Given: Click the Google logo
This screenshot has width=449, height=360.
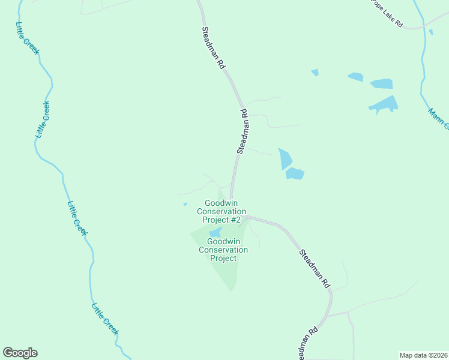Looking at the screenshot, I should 20,353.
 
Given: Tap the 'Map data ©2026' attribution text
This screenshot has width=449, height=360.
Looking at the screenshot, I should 423,355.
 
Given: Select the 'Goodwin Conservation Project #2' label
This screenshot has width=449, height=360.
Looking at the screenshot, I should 221,212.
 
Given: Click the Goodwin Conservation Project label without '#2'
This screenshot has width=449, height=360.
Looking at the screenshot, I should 223,250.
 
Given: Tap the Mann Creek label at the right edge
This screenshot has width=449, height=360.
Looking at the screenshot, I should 438,118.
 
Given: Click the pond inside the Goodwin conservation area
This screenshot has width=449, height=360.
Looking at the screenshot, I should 215,233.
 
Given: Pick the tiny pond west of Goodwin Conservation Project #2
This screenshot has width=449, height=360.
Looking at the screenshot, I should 185,205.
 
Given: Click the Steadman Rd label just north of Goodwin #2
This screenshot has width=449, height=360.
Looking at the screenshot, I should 243,131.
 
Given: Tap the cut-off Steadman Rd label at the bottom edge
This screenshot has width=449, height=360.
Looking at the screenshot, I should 307,344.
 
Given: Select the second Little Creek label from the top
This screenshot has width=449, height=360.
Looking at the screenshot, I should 42,120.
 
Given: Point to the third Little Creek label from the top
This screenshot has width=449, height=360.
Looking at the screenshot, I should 77,218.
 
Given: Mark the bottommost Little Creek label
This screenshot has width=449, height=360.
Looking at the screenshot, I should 105,319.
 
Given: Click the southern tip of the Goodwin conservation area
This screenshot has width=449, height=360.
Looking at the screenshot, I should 232,289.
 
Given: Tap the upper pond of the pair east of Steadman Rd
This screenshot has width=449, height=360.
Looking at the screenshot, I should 285,158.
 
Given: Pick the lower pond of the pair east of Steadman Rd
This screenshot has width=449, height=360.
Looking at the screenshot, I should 295,173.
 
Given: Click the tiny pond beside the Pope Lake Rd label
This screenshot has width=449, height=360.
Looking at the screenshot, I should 430,32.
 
